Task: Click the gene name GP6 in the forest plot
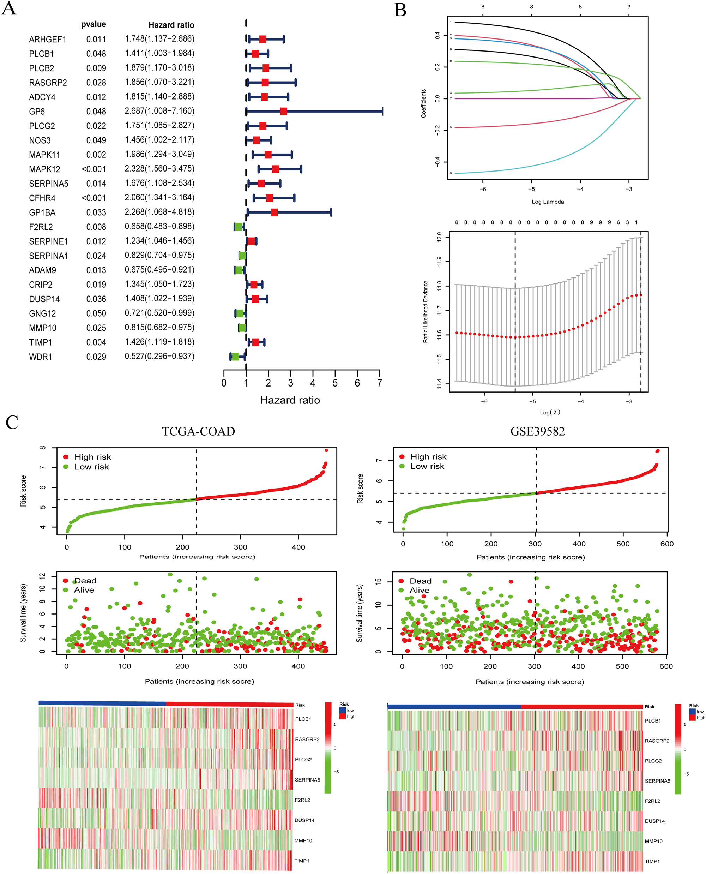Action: point(37,112)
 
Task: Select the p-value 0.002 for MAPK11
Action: point(96,155)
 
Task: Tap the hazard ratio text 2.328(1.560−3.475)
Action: point(159,169)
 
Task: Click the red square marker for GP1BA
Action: point(274,212)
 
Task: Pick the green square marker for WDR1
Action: point(235,357)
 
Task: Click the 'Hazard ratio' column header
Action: point(171,25)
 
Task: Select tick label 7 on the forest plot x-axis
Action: point(379,383)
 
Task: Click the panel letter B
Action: point(400,10)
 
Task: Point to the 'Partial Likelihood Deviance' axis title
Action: point(426,312)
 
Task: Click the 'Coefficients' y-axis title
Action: point(423,104)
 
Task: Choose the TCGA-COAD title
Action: point(198,431)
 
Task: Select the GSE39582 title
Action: point(537,431)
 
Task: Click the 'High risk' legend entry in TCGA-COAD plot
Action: point(92,457)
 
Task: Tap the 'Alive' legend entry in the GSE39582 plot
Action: point(419,591)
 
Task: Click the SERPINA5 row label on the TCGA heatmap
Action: point(307,780)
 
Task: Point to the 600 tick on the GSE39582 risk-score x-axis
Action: point(667,544)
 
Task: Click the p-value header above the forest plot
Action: point(93,24)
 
